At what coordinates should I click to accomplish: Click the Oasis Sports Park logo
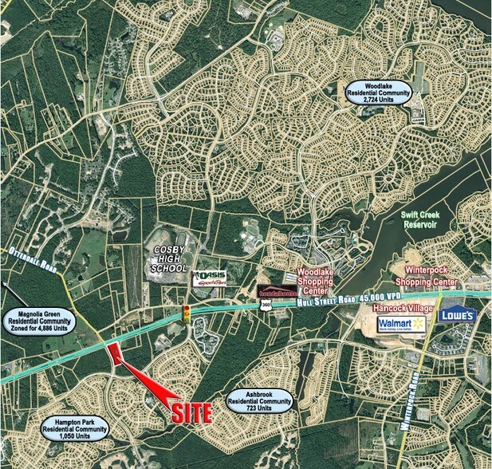pyautogui.click(x=211, y=278)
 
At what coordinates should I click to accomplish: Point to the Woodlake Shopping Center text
pyautogui.click(x=318, y=280)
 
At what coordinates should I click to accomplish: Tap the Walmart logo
pyautogui.click(x=400, y=323)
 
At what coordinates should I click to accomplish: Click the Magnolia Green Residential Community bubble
pyautogui.click(x=38, y=322)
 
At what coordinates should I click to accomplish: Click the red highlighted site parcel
pyautogui.click(x=116, y=351)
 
